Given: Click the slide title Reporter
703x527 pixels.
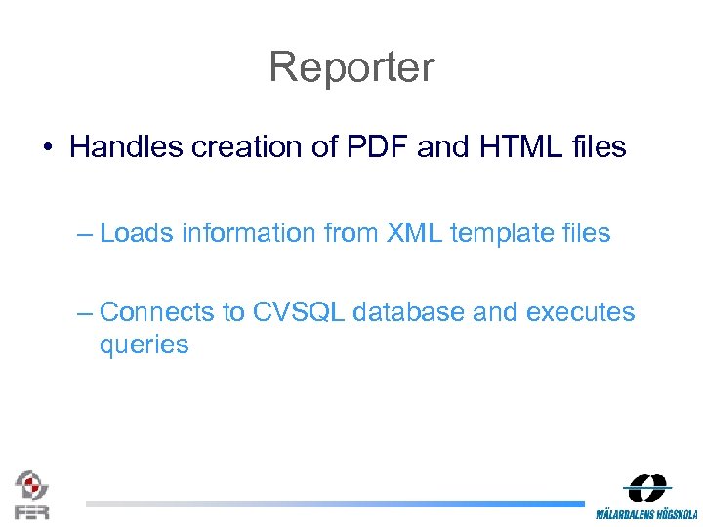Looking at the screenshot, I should coord(351,67).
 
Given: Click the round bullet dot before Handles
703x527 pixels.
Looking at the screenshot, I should coord(47,148).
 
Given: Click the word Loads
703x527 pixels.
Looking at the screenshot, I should coord(137,233).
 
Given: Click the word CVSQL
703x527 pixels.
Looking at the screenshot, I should coord(299,312).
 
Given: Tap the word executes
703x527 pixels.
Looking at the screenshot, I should coord(580,312).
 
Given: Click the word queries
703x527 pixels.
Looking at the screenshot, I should coord(144,345).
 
